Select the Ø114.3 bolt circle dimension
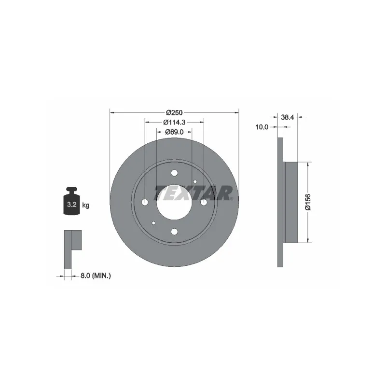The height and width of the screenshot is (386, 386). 174,122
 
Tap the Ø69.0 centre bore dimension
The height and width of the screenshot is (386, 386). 174,131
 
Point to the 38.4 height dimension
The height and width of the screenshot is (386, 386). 288,116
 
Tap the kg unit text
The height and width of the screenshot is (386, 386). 86,206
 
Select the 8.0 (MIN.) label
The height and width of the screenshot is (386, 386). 96,276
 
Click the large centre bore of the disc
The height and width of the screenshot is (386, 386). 174,202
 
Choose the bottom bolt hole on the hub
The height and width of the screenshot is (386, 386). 174,231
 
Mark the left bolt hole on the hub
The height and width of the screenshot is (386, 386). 145,202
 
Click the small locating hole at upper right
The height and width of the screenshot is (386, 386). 195,181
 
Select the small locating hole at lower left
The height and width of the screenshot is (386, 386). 153,223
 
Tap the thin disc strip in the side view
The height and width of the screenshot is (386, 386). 280,202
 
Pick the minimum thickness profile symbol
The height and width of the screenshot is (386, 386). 72,248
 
